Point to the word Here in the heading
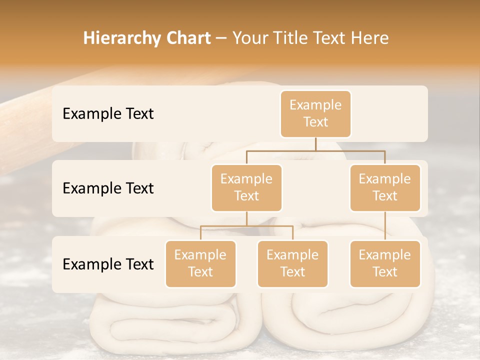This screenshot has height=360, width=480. coord(370,38)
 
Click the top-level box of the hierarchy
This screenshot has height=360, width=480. coord(315,114)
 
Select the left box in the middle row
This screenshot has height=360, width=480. coord(246,187)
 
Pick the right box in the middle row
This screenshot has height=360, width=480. coord(385,187)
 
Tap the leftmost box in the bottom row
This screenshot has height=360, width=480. coord(200,263)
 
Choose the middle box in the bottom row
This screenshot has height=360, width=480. coord(292,263)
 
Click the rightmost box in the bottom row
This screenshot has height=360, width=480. coord(385,263)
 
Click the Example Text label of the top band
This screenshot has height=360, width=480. coord(108,114)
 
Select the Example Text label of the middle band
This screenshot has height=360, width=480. coord(108,188)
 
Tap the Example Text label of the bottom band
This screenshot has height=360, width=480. coord(108,264)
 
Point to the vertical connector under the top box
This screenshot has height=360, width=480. coord(315,144)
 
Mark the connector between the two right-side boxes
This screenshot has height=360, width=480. coord(385,226)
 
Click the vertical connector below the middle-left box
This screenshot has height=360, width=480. coord(246,218)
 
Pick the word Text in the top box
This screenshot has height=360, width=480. coord(315,122)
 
